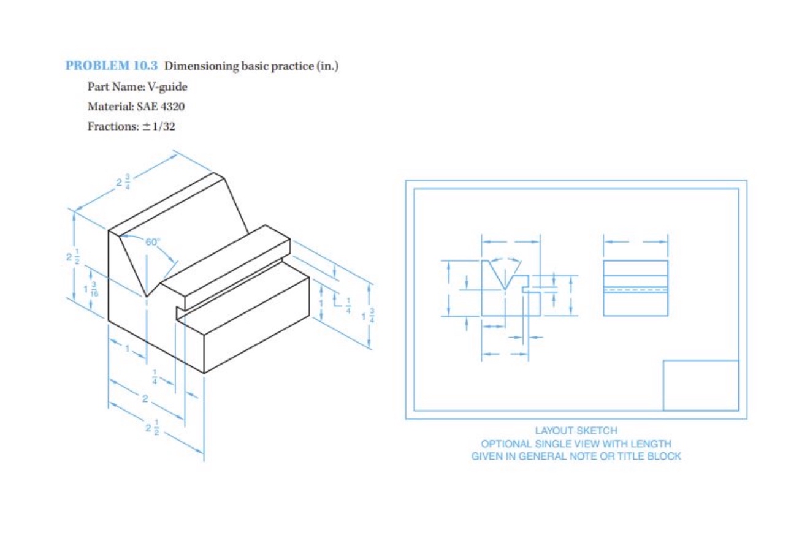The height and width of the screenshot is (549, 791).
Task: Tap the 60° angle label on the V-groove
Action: point(152,242)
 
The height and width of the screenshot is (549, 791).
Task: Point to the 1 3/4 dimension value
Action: point(368,317)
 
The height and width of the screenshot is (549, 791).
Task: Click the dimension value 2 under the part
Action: point(145,399)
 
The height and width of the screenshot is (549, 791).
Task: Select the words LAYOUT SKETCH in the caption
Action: point(576,431)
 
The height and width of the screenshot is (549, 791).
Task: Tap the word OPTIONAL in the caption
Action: point(502,444)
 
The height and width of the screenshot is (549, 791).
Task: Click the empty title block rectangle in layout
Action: point(700,385)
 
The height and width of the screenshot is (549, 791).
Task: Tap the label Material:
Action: point(109,107)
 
